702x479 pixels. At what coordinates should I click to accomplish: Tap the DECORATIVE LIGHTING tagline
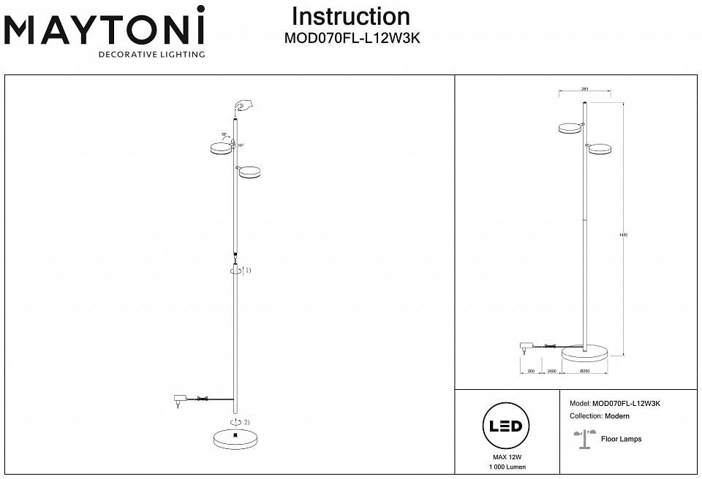pos(151,54)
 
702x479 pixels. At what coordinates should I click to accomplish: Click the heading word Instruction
pos(350,17)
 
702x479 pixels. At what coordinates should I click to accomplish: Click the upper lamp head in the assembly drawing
pos(219,149)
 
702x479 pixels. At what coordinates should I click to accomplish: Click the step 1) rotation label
pos(246,270)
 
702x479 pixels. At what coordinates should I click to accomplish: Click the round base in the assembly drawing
pos(235,438)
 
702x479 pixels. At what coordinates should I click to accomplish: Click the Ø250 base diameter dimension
pos(584,372)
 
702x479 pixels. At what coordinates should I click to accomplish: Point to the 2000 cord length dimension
pos(552,372)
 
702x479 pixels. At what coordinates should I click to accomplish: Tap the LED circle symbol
pos(505,426)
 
